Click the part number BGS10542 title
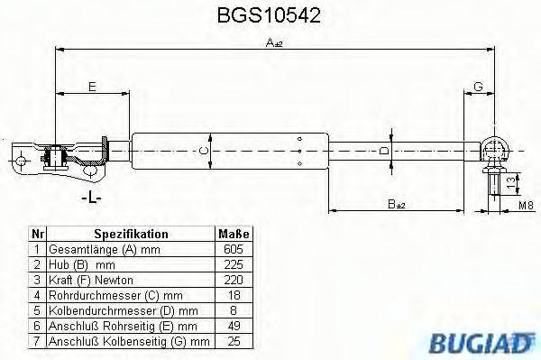coord(270,15)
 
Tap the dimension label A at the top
coord(270,42)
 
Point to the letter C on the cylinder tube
coord(204,150)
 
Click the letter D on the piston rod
coord(383,150)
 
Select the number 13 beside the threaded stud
coord(512,183)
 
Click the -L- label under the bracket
coord(89,198)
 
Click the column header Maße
coord(231,234)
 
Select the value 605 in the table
coord(231,248)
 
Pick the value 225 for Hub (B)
coord(231,263)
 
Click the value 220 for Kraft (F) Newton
coord(231,279)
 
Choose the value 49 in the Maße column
coord(231,325)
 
